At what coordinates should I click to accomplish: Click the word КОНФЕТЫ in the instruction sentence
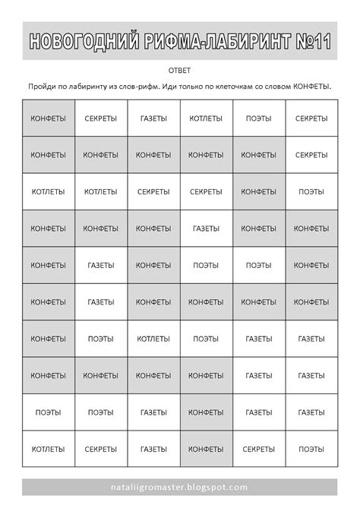click(x=311, y=87)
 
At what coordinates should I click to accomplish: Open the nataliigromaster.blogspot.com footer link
click(x=179, y=487)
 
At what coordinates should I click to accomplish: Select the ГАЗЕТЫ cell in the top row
click(x=153, y=118)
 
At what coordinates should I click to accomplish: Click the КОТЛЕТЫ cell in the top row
click(x=206, y=118)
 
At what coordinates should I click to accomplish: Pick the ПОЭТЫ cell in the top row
click(x=259, y=118)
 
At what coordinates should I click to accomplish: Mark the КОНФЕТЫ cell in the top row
click(x=49, y=118)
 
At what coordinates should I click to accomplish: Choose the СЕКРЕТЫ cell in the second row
click(x=311, y=155)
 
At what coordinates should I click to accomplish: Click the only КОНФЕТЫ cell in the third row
click(x=259, y=192)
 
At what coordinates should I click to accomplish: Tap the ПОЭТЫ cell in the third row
click(x=311, y=192)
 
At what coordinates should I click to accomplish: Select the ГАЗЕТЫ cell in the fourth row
click(x=206, y=228)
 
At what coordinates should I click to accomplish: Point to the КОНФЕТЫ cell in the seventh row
click(x=49, y=339)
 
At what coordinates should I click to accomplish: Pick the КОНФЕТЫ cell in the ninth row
click(x=206, y=412)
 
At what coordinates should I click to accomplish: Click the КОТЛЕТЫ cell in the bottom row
click(x=49, y=449)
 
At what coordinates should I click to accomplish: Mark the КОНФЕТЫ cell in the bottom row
click(x=206, y=449)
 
